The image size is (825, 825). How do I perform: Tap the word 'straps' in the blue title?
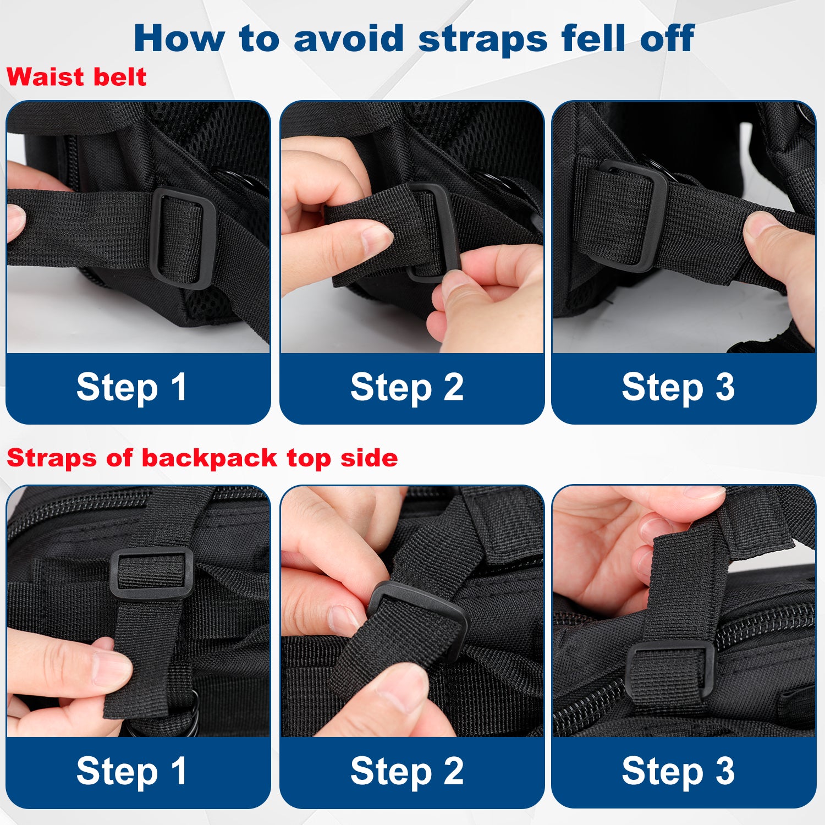point(483,40)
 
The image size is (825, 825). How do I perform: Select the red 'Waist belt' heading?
point(76,77)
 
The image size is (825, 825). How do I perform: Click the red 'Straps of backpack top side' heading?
point(202,458)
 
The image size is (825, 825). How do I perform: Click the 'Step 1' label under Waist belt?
point(131,388)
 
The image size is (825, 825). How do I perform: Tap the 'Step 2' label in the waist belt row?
point(407,388)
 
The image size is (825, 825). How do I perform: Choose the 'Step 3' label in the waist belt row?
point(678,388)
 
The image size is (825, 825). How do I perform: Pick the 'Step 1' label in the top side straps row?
point(131,772)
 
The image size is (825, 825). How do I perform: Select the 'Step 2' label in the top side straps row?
point(407,772)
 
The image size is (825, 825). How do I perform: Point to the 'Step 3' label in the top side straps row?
point(678,772)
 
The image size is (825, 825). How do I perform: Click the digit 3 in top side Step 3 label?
point(725,771)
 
